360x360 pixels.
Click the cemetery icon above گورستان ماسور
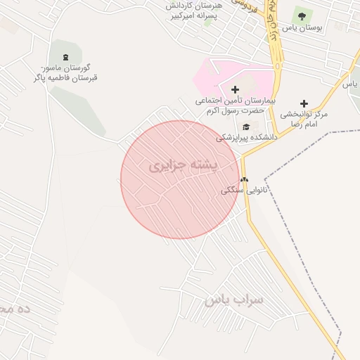click(66, 56)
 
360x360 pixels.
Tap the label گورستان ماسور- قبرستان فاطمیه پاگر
click(65, 72)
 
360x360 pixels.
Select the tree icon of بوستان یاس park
click(302, 15)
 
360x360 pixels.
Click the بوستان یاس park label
click(302, 28)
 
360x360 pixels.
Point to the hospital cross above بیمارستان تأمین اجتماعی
click(235, 89)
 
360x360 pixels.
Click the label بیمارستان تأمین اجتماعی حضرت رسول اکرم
click(235, 106)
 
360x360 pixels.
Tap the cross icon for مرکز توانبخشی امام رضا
click(304, 103)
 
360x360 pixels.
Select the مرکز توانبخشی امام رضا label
click(304, 118)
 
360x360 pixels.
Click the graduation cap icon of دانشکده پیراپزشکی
click(245, 127)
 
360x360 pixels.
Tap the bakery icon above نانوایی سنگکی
click(243, 179)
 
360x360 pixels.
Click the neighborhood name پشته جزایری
click(184, 165)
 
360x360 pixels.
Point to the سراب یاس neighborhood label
click(233, 300)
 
